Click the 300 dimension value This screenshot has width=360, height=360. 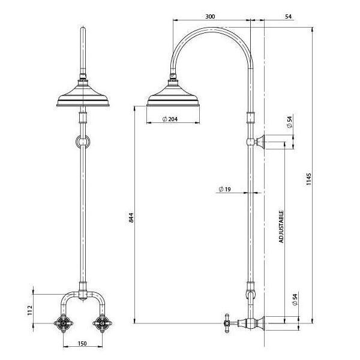pyautogui.click(x=209, y=16)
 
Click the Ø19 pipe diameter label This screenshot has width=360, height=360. pyautogui.click(x=225, y=190)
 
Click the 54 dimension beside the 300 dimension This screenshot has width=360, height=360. pyautogui.click(x=288, y=16)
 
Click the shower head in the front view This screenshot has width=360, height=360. pyautogui.click(x=83, y=96)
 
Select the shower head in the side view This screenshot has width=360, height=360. pyautogui.click(x=175, y=95)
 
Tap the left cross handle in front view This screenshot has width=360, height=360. pyautogui.click(x=65, y=322)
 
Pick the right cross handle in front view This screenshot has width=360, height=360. pyautogui.click(x=100, y=322)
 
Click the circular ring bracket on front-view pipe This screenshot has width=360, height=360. pyautogui.click(x=83, y=142)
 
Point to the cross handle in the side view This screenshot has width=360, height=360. pyautogui.click(x=227, y=322)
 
